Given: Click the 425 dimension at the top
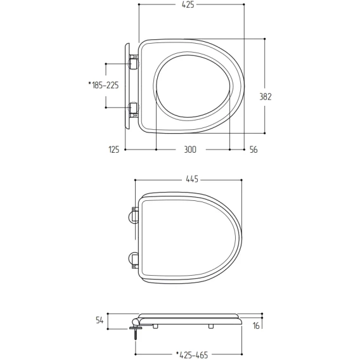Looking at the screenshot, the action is tap(188, 4).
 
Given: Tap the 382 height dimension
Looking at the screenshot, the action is tap(266, 97).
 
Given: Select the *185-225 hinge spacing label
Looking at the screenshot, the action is tap(103, 85).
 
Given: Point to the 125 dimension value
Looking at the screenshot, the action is tap(114, 150).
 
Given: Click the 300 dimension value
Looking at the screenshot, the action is tap(190, 150).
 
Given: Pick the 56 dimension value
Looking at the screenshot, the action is tap(254, 150).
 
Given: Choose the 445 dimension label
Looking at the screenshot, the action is tap(192, 179).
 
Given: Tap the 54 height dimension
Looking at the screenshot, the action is tap(100, 320).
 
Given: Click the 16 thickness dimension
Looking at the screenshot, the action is tap(256, 326).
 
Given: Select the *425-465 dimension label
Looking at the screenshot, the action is tap(192, 355).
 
